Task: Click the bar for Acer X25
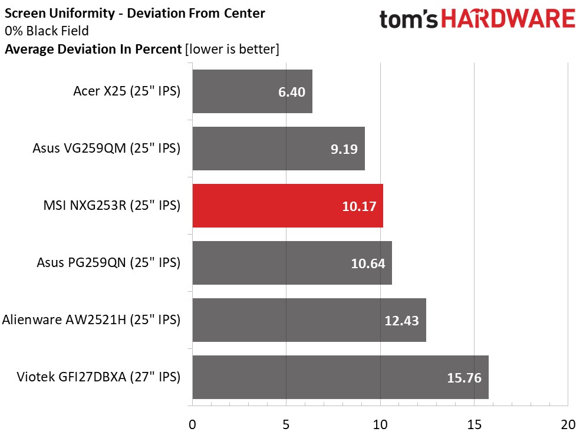[x=252, y=91]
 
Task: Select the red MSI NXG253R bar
[x=288, y=206]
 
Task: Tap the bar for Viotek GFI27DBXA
[x=340, y=377]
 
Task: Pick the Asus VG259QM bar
[x=278, y=149]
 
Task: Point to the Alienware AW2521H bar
[x=309, y=320]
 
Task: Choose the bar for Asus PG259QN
[x=292, y=263]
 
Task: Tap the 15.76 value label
[x=464, y=378]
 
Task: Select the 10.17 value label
[x=359, y=206]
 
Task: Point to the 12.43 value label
[x=401, y=321]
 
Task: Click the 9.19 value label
[x=344, y=149]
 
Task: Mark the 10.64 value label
[x=368, y=263]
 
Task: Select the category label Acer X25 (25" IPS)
[x=126, y=91]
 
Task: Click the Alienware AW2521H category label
[x=91, y=320]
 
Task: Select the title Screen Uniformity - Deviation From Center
[x=135, y=13]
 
